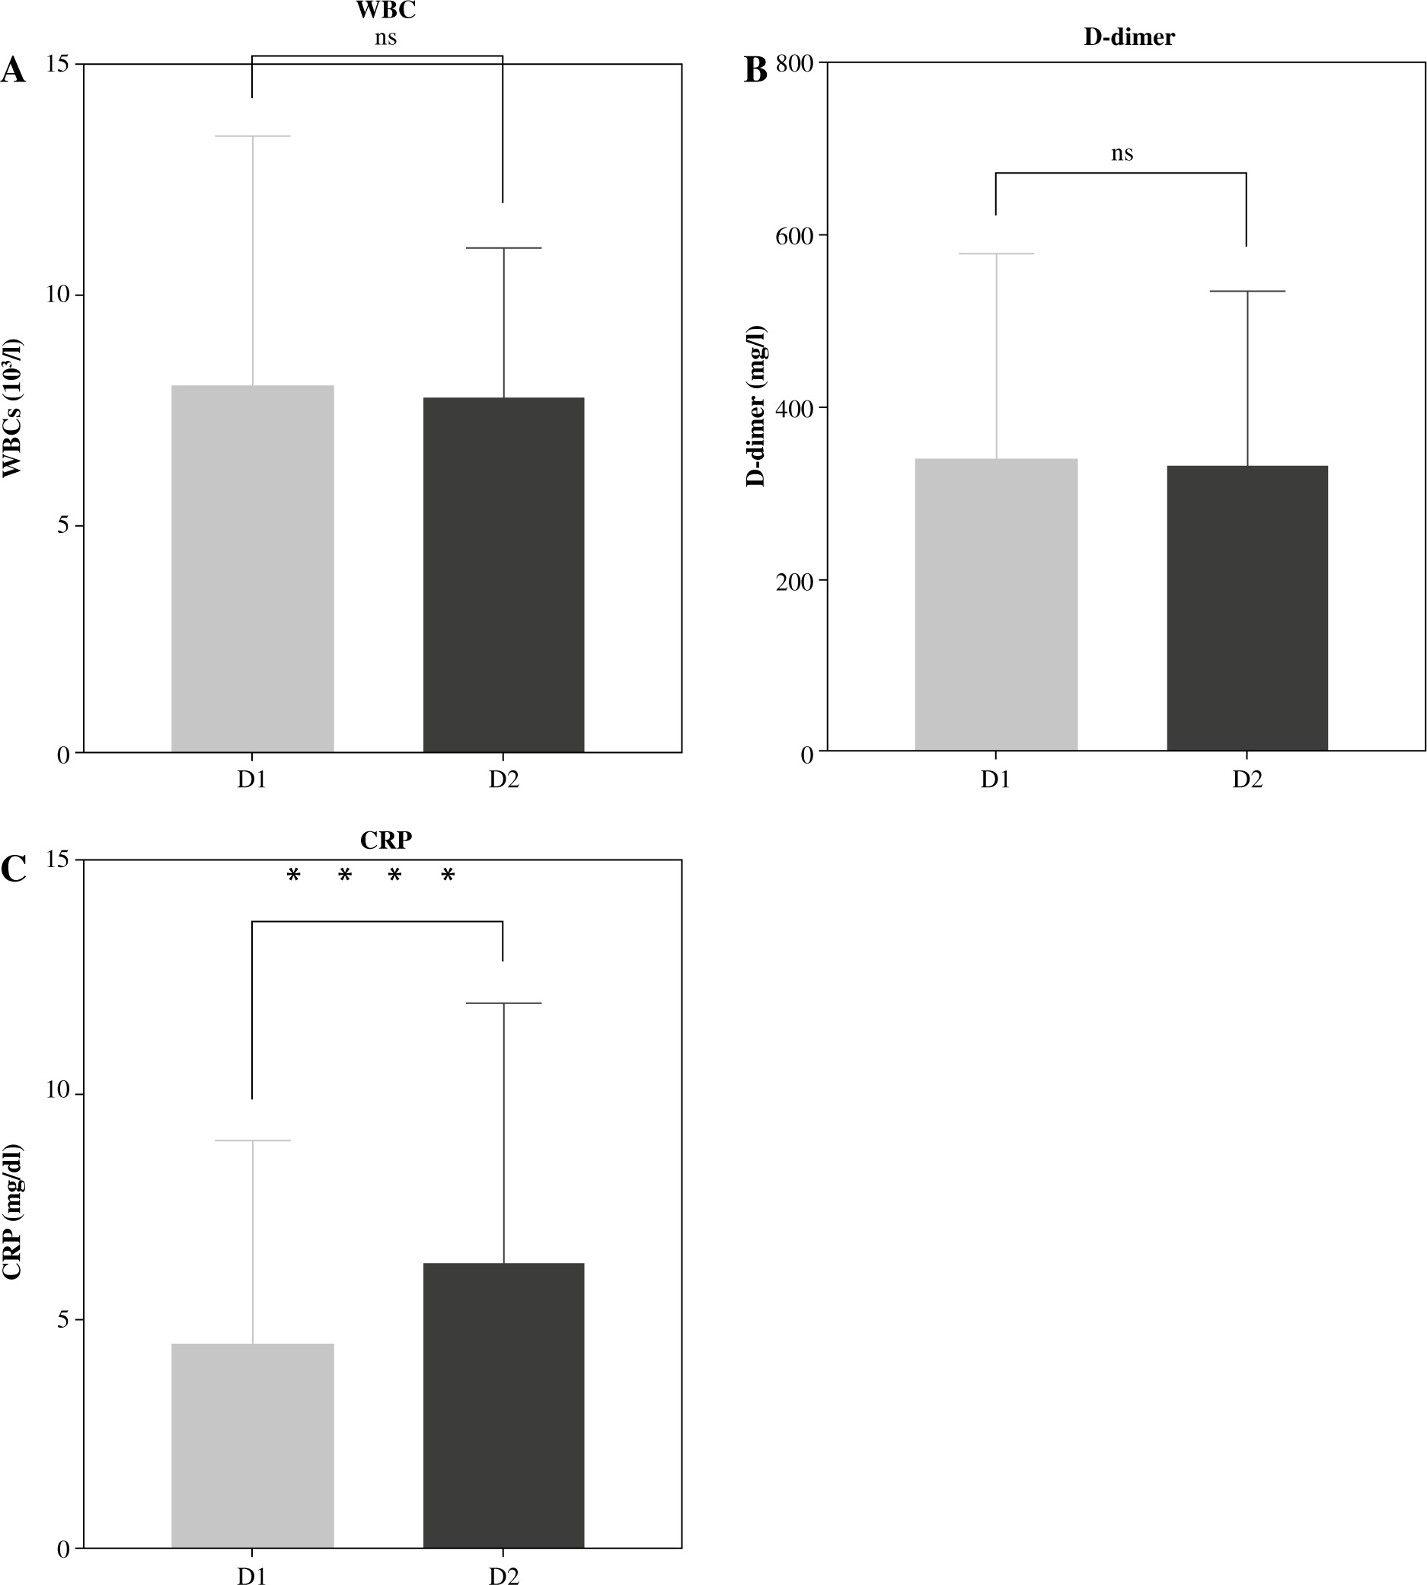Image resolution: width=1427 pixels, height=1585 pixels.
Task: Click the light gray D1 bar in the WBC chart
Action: coord(253,569)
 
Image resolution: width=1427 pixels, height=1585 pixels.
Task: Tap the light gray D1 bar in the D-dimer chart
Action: coord(996,604)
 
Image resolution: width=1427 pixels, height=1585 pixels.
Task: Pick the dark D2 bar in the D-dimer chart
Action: coord(1247,608)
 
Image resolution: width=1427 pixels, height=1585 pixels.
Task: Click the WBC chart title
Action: coord(386,11)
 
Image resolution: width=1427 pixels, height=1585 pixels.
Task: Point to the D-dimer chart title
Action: coord(1129,37)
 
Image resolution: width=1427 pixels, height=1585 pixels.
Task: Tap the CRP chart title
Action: coord(386,840)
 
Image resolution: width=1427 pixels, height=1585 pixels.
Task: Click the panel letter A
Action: coord(14,72)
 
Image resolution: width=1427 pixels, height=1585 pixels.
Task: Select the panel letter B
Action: coord(755,72)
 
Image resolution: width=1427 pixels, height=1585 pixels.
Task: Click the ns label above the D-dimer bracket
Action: coord(1122,153)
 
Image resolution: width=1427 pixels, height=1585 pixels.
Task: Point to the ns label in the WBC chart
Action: coord(385,37)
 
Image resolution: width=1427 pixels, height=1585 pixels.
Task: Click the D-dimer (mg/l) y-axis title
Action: coord(756,406)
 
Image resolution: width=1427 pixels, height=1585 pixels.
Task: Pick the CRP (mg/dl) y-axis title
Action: coord(11,1212)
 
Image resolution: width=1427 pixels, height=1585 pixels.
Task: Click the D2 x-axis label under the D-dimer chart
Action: coord(1247,781)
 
